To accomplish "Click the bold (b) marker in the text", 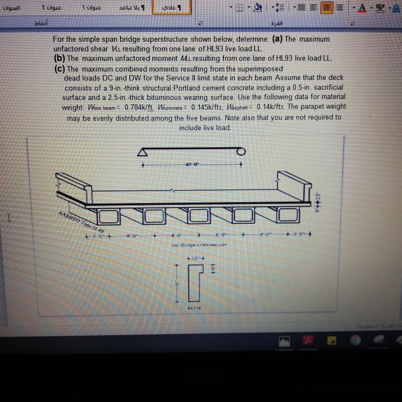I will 60,58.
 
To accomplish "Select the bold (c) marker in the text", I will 60,68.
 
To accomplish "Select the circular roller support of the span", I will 241,151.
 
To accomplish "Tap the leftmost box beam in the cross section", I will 108,215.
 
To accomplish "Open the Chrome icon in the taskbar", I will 355,341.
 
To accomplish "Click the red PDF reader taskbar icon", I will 308,341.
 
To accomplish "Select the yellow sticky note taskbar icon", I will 332,341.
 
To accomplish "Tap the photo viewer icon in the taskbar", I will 284,341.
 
